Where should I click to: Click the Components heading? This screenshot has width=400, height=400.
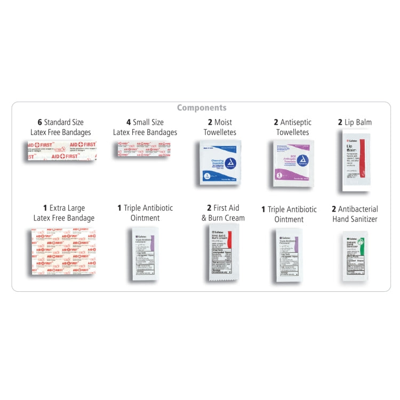click(x=202, y=108)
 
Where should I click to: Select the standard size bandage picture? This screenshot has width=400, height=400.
click(x=62, y=150)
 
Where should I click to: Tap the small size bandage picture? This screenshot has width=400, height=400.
click(x=145, y=149)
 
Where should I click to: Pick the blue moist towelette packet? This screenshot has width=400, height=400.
click(x=220, y=163)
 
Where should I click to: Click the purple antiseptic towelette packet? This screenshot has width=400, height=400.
click(x=293, y=163)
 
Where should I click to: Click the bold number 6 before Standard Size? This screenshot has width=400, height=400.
click(x=39, y=122)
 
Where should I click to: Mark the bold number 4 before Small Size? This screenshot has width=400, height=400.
click(x=128, y=122)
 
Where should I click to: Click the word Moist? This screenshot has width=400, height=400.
click(x=223, y=122)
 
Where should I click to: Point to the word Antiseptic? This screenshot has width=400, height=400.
click(x=296, y=122)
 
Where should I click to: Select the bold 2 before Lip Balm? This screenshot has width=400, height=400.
click(x=340, y=122)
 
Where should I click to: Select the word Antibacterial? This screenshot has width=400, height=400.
click(x=358, y=209)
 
